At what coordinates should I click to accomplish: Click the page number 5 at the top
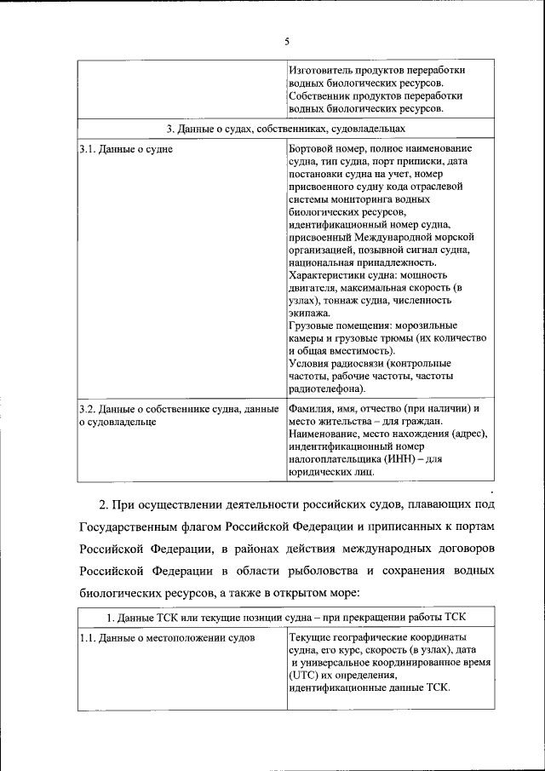287,41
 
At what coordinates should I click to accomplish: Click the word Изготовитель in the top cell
321,69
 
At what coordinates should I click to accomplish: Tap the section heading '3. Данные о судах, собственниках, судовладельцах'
285,129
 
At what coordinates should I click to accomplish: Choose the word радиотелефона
326,388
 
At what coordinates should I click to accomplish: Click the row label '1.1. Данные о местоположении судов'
166,637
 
